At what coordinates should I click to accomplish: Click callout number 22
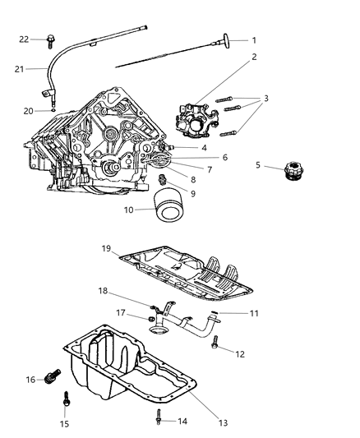(24, 39)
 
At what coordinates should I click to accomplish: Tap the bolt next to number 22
(50, 38)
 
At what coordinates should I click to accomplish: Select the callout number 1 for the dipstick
(254, 39)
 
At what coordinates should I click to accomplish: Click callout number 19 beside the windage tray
(106, 247)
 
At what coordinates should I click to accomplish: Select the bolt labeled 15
(65, 400)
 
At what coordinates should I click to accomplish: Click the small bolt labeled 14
(156, 420)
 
